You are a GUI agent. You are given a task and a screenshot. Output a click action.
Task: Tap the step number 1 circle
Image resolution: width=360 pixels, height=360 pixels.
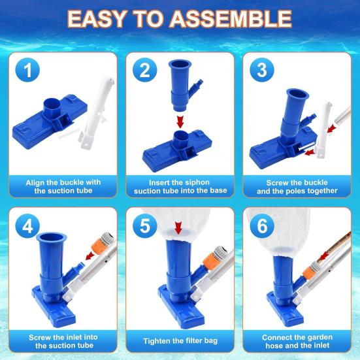(x=27, y=70)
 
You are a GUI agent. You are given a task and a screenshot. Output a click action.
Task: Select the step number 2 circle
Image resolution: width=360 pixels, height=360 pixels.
(x=145, y=70)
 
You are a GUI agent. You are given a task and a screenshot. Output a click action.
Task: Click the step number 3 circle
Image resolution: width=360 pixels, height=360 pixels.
(x=262, y=70)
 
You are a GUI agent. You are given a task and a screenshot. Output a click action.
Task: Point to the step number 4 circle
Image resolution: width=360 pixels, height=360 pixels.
(x=27, y=226)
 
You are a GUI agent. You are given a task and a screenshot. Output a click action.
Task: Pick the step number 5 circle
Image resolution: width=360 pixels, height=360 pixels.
(x=145, y=226)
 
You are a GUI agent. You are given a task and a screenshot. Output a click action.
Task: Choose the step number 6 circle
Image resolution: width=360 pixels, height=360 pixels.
(x=262, y=226)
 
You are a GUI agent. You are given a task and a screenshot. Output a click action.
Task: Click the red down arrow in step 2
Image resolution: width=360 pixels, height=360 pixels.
(x=180, y=122)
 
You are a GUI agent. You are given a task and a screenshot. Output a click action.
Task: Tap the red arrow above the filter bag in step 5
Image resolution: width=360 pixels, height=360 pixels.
(x=178, y=228)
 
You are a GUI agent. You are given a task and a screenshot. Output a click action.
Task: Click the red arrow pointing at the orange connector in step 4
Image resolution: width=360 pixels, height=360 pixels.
(x=90, y=255)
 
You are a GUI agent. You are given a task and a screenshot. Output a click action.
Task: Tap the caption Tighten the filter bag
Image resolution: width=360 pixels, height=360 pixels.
(x=180, y=341)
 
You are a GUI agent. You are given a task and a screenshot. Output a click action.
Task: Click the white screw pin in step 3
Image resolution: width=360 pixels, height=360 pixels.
(x=306, y=146)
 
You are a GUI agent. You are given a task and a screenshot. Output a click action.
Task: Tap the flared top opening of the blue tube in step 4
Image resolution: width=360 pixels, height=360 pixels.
(x=51, y=237)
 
